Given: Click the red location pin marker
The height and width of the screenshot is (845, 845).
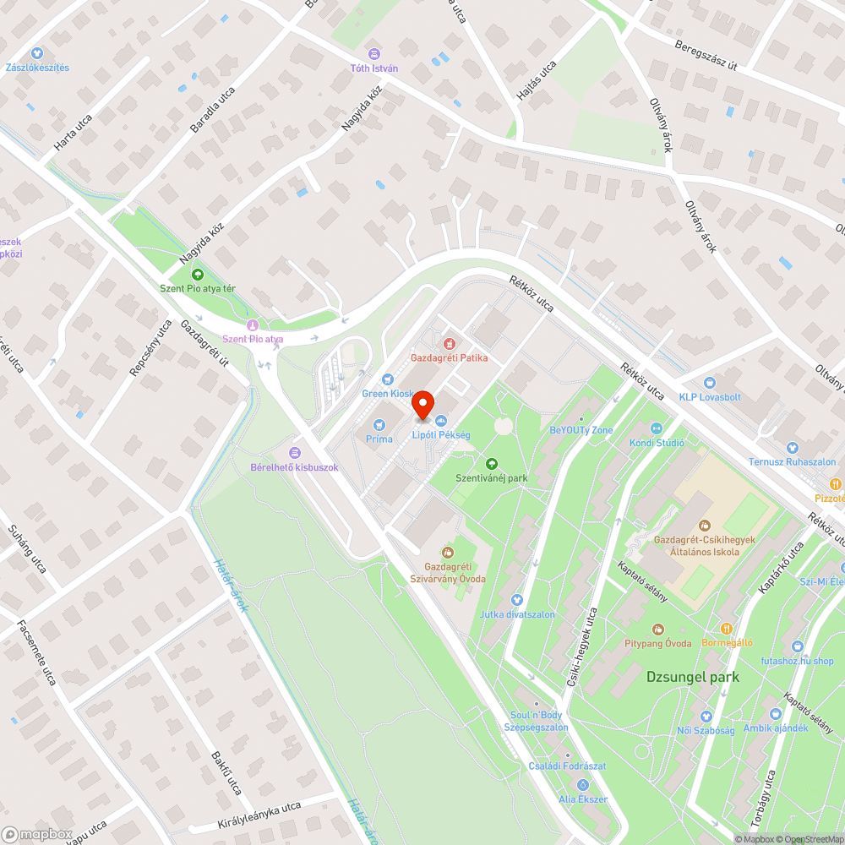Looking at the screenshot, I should pos(422,406).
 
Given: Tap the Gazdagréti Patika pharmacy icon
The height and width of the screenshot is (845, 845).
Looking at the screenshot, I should pos(449,344).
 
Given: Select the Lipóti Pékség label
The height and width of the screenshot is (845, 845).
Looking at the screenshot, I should pos(440,434).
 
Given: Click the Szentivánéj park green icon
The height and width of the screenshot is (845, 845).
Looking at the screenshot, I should pos(491,463).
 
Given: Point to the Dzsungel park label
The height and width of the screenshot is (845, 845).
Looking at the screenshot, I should pos(692,677).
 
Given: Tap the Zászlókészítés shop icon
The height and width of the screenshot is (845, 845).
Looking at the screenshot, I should pos(37,53).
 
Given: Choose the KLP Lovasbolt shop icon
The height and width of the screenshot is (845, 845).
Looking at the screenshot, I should pos(709,383).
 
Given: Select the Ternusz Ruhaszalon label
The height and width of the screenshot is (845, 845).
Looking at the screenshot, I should pos(792,462).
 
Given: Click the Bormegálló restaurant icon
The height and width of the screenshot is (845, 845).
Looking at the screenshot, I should pos(727,628).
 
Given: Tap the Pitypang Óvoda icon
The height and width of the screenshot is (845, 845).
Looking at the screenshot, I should pos(658,629).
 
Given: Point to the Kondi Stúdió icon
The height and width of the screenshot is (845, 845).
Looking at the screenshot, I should pos(657,428).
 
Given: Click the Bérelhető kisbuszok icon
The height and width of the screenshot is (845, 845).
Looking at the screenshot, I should pos(294,453).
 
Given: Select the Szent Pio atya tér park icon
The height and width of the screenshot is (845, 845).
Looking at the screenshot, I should pos(198,274).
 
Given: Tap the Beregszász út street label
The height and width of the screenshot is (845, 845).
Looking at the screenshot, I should pos(706,56).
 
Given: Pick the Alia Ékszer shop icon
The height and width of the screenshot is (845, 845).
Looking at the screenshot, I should pos(583,784).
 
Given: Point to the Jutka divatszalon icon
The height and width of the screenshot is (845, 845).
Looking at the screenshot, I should pos(518,600).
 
